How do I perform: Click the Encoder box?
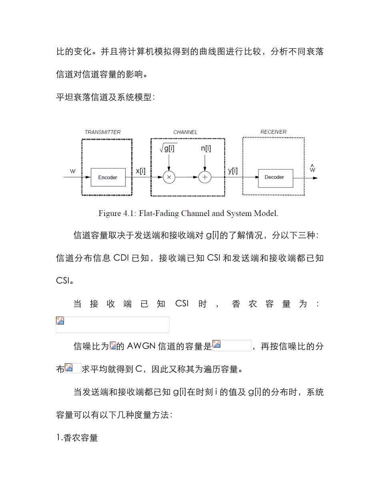pyautogui.click(x=108, y=177)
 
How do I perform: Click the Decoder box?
pyautogui.click(x=274, y=177)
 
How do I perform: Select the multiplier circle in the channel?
pyautogui.click(x=169, y=177)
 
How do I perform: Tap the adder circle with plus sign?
pyautogui.click(x=205, y=177)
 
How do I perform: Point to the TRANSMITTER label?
pyautogui.click(x=102, y=132)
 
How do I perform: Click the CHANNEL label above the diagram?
pyautogui.click(x=185, y=132)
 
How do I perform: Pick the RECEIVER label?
pyautogui.click(x=273, y=132)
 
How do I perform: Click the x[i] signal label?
pyautogui.click(x=140, y=171)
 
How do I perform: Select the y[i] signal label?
pyautogui.click(x=233, y=171)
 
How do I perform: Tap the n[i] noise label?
pyautogui.click(x=206, y=148)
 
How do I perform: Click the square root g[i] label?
pyautogui.click(x=168, y=148)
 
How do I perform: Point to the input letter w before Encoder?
pyautogui.click(x=73, y=171)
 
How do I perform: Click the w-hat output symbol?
pyautogui.click(x=312, y=169)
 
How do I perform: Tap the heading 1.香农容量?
pyautogui.click(x=77, y=438)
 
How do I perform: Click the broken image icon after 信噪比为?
pyautogui.click(x=113, y=346)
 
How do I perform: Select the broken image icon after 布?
pyautogui.click(x=69, y=368)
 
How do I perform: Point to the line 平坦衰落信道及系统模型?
pyautogui.click(x=105, y=97)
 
